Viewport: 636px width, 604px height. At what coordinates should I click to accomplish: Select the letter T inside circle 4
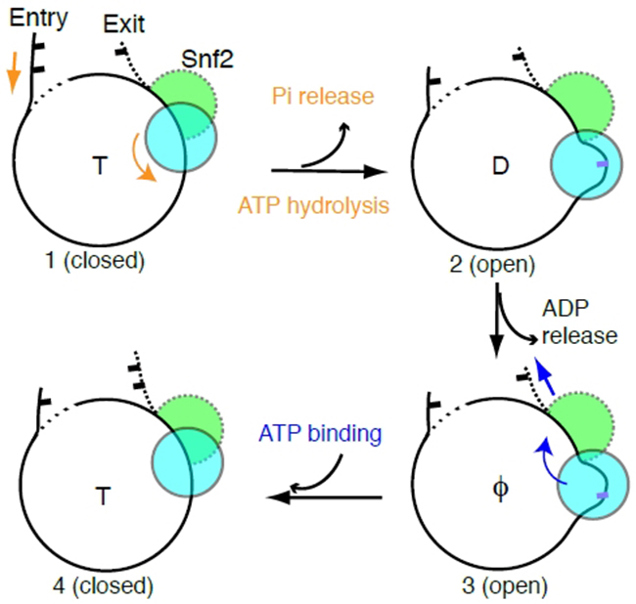point(102,496)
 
